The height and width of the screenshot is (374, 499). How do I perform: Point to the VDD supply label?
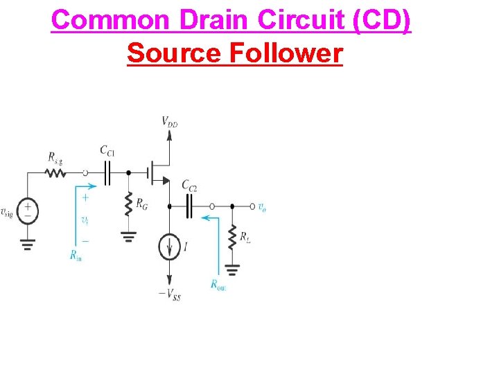[169, 122]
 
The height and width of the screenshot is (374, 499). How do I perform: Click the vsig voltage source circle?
[28, 211]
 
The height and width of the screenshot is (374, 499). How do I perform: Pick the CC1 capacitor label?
[107, 150]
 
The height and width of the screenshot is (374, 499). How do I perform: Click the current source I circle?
[169, 247]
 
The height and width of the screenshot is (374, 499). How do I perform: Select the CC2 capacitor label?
[189, 186]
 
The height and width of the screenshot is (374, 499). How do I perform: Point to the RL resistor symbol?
[232, 238]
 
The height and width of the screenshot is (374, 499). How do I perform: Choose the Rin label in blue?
[76, 255]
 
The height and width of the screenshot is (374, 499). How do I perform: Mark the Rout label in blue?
[218, 283]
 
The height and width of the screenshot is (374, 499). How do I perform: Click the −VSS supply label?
[170, 294]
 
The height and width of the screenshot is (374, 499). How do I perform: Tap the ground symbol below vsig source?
[28, 243]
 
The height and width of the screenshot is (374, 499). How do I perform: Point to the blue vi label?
[85, 220]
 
